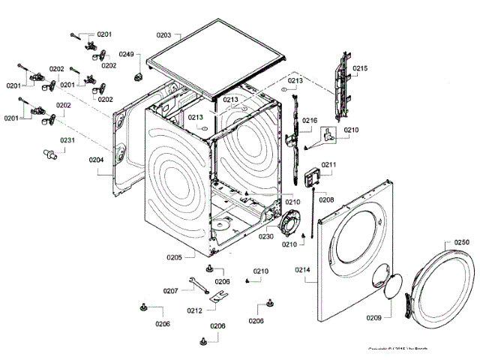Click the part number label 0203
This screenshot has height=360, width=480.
click(x=164, y=35)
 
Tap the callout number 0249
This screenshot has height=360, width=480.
click(x=127, y=55)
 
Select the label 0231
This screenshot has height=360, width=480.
click(x=68, y=140)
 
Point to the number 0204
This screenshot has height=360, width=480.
click(x=97, y=159)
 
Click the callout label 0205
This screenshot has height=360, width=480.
click(x=174, y=257)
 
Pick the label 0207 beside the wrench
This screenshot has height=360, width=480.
click(x=170, y=290)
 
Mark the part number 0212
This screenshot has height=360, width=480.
click(x=194, y=310)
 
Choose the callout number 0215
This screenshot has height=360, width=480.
click(x=361, y=68)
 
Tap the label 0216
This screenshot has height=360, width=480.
click(x=310, y=120)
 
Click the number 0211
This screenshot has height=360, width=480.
click(x=329, y=164)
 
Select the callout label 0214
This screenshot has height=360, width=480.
click(x=303, y=269)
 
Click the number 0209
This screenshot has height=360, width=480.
click(x=373, y=318)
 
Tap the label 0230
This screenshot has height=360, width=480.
click(x=267, y=236)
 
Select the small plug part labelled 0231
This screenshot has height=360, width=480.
click(x=51, y=154)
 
